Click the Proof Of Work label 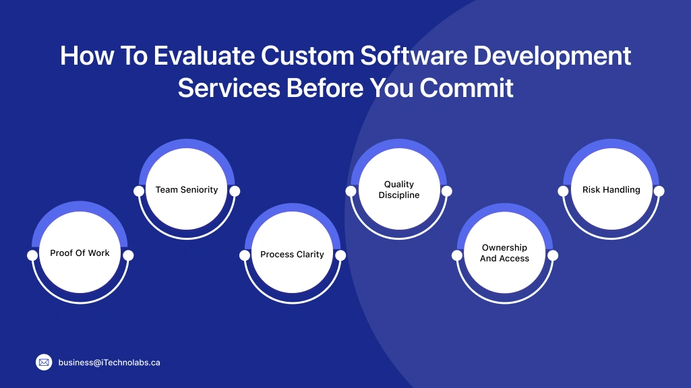click(x=80, y=253)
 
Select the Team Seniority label click(x=187, y=190)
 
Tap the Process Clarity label click(x=292, y=255)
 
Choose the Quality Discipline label click(x=399, y=190)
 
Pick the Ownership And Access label click(x=504, y=253)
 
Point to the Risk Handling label click(x=611, y=190)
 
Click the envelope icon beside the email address click(x=44, y=362)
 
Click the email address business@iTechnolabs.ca click(x=109, y=362)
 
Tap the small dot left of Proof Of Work click(x=32, y=256)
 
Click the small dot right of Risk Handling click(x=659, y=191)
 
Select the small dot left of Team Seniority click(x=139, y=191)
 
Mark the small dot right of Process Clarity click(x=340, y=256)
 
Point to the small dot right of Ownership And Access click(x=553, y=256)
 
